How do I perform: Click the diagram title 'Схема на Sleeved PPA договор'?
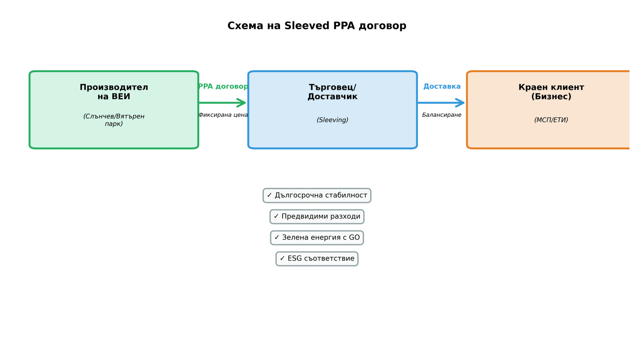click(x=317, y=26)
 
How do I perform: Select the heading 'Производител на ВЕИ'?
click(x=114, y=92)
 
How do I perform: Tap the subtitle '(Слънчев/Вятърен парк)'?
click(x=114, y=120)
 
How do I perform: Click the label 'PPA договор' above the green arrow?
click(x=223, y=86)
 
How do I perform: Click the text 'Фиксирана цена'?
click(x=223, y=115)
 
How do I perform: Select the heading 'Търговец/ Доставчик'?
click(x=332, y=92)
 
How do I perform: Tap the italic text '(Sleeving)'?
click(x=332, y=120)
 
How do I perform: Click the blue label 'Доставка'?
click(x=442, y=86)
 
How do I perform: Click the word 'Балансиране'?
click(x=441, y=115)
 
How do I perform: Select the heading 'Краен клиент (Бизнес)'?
click(x=551, y=92)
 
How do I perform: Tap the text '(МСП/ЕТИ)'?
click(x=551, y=120)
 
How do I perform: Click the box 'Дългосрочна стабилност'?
click(x=317, y=196)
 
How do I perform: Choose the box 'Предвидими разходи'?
click(x=317, y=217)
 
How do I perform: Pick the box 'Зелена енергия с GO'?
click(x=317, y=238)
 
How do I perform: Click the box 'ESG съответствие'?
click(x=317, y=259)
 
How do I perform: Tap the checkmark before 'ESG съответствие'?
click(x=282, y=259)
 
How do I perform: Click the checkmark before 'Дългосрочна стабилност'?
click(x=269, y=196)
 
